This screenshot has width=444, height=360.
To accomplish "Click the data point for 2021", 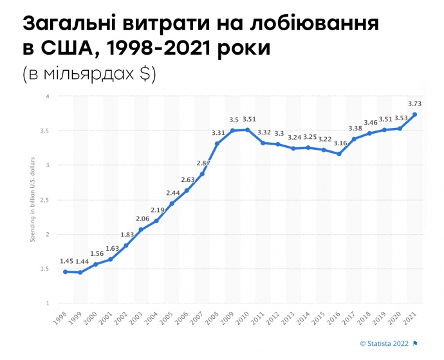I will click(x=414, y=114).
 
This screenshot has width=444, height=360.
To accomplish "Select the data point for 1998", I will click(x=65, y=271).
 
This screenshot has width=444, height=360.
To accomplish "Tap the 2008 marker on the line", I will click(x=217, y=143).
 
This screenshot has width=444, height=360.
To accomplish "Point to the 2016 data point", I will click(x=338, y=154).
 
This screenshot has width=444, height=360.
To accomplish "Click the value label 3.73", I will click(x=414, y=103).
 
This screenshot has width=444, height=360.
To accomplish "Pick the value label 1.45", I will click(x=66, y=260).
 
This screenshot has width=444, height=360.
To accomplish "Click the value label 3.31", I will click(x=218, y=132).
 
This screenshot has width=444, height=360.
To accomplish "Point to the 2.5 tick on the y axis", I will click(x=45, y=200).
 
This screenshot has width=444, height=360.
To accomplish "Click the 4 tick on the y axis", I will click(x=47, y=96).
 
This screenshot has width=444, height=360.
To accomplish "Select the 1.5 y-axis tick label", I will click(x=45, y=269).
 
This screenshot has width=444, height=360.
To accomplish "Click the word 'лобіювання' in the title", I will click(x=320, y=25).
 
